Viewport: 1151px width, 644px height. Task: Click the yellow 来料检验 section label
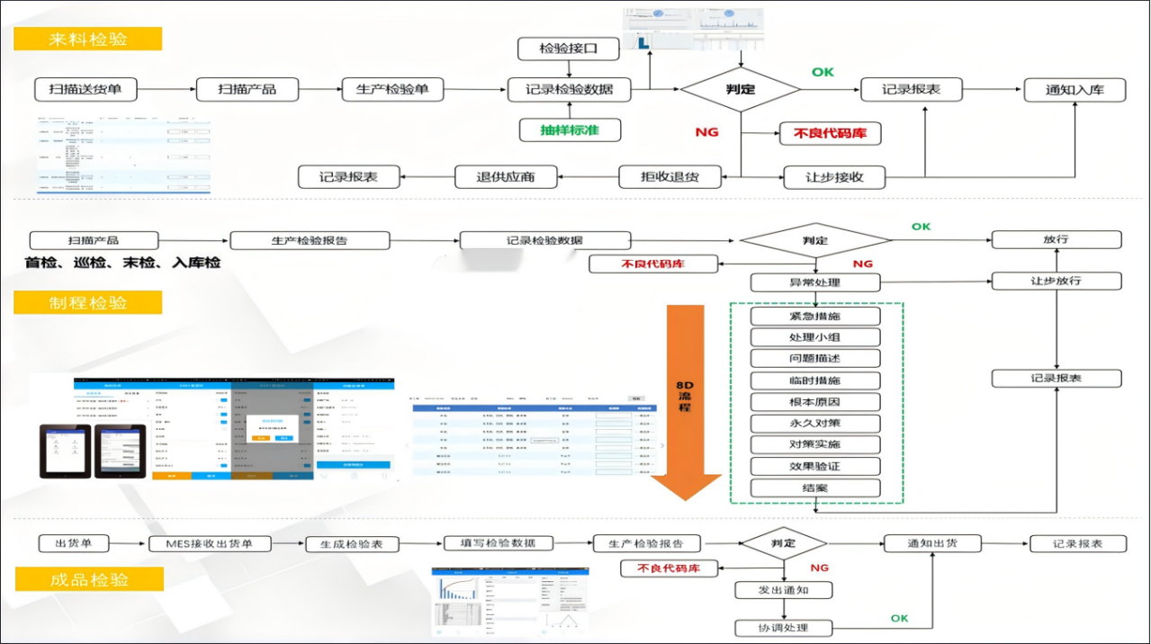pos(87,39)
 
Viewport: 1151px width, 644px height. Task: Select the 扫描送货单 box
pos(85,89)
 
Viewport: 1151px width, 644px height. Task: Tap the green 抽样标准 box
pos(569,130)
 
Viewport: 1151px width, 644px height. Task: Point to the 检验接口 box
pos(569,48)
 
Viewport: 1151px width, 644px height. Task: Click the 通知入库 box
pos(1074,89)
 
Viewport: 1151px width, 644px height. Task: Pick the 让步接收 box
pos(833,176)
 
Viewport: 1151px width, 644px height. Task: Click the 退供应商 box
pos(506,176)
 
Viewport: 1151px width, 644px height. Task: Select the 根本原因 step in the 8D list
pos(814,402)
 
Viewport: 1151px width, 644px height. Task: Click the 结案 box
pos(814,488)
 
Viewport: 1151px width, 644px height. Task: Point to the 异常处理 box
pos(814,282)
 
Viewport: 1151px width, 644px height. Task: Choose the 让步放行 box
pos(1056,281)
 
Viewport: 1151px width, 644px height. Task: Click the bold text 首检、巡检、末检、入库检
pos(122,264)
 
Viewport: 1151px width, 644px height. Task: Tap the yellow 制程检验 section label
pos(87,302)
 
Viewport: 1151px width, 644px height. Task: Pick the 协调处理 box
pos(783,628)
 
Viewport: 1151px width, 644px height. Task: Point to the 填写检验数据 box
pos(498,543)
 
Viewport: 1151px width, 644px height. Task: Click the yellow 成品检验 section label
pos(88,580)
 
